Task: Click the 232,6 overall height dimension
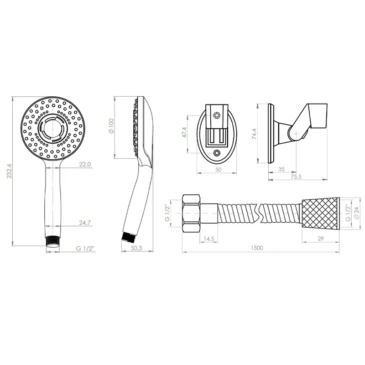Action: click(9, 171)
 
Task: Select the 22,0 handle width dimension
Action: click(85, 164)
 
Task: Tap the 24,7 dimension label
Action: click(85, 223)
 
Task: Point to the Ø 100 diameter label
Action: click(111, 126)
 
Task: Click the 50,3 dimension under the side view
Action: click(136, 248)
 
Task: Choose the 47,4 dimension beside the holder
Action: click(184, 132)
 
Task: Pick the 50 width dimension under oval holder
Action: click(219, 169)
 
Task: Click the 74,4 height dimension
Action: click(254, 134)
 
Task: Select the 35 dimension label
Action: click(282, 169)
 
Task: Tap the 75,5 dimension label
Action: click(296, 177)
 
